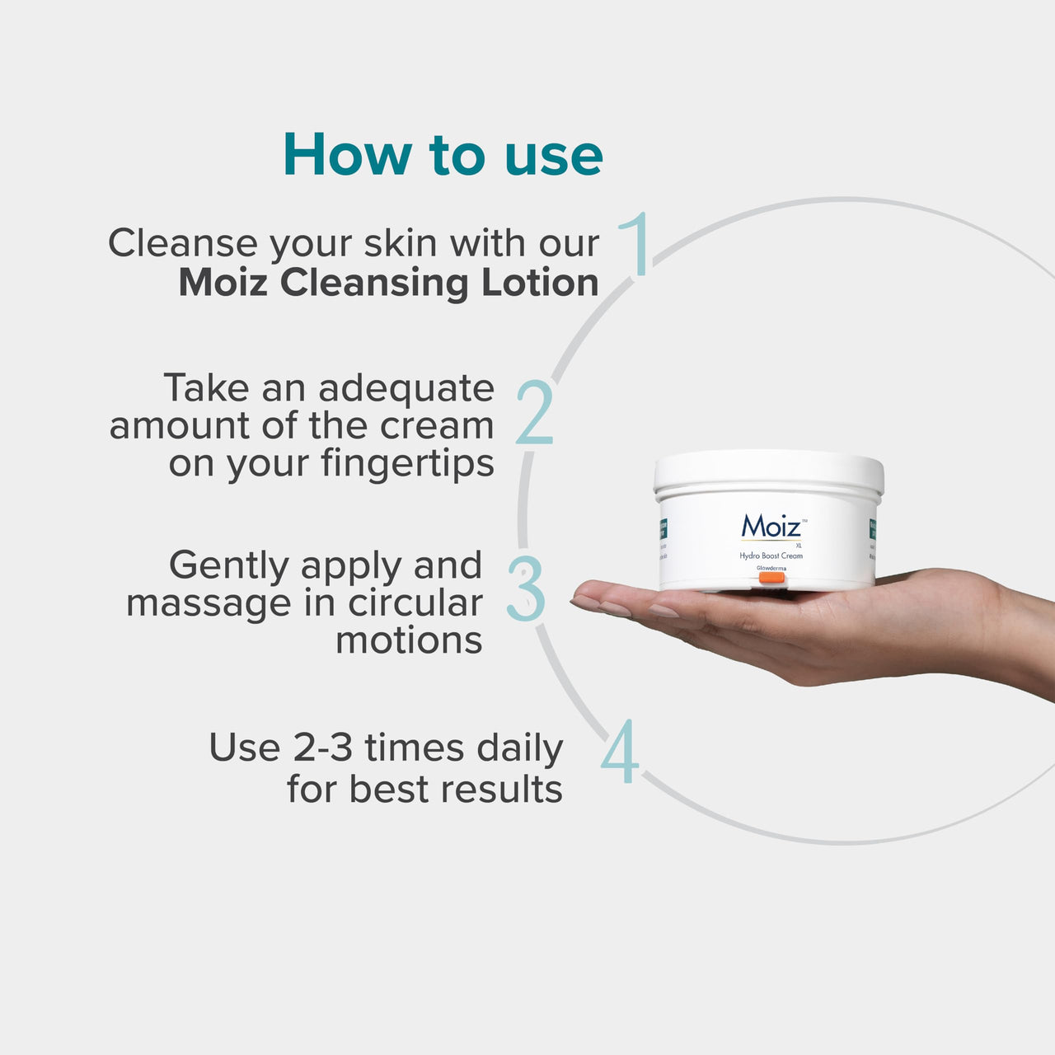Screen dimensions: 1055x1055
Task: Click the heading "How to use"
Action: [x=443, y=155]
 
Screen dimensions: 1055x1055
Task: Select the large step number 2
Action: [x=535, y=413]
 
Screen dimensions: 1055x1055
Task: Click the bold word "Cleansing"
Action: [x=374, y=284]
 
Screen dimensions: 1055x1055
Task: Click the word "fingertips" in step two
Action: [x=408, y=463]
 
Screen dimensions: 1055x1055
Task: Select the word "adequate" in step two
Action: [x=406, y=388]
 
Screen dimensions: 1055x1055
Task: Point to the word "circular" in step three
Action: [x=415, y=603]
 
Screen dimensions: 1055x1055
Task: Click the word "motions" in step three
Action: [x=409, y=640]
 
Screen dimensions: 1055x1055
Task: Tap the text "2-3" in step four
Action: [x=323, y=748]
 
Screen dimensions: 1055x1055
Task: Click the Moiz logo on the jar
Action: [x=771, y=526]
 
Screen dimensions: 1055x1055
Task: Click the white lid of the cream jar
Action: [x=769, y=471]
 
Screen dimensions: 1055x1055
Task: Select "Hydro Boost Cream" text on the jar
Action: [x=771, y=556]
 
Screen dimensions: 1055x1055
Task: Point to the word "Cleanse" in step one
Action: [x=183, y=244]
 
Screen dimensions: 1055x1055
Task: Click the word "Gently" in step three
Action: [x=229, y=566]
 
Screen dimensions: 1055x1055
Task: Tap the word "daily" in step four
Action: [x=520, y=748]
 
